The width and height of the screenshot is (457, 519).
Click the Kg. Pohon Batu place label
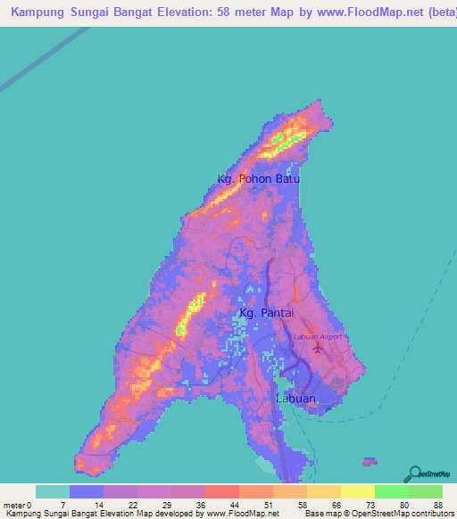(x=258, y=178)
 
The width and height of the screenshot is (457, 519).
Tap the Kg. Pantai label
(x=264, y=314)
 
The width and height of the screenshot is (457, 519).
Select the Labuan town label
(x=295, y=399)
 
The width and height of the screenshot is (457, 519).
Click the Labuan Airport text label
(x=318, y=336)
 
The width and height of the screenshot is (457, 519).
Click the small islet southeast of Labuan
(x=369, y=461)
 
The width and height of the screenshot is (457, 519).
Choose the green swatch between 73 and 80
(x=391, y=491)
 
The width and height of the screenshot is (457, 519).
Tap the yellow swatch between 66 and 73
(x=357, y=491)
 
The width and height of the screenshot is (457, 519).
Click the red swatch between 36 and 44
(x=222, y=491)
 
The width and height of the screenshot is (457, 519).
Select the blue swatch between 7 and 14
(x=87, y=491)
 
